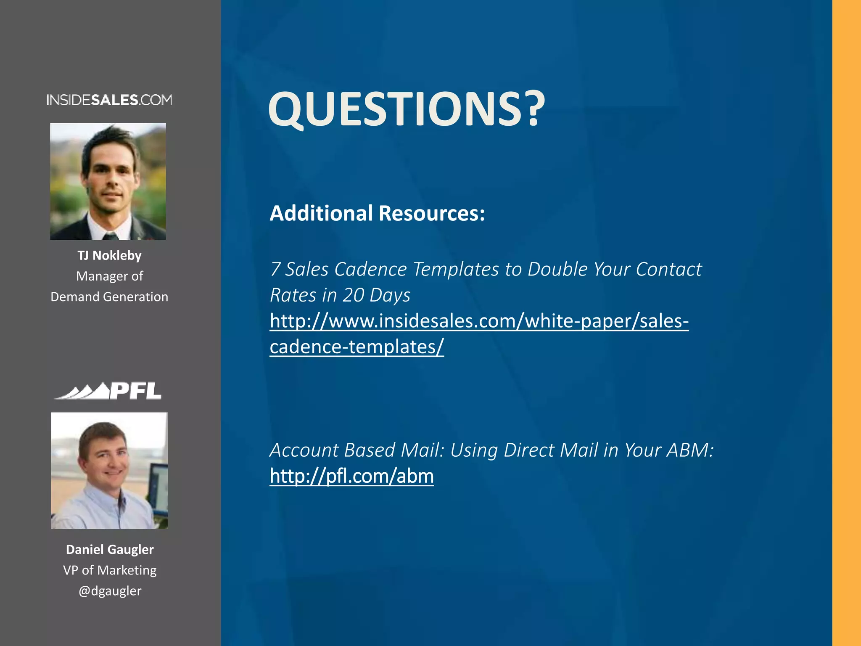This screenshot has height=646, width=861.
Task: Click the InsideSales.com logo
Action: [109, 100]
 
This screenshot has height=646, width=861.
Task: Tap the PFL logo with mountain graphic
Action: [108, 391]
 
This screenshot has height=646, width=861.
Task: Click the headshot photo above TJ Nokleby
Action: [108, 181]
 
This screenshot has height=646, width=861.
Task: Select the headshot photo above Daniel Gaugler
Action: [109, 471]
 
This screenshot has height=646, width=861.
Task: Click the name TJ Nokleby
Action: [109, 255]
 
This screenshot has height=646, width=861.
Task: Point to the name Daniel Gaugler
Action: [110, 549]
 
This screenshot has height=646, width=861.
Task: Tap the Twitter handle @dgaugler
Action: [110, 591]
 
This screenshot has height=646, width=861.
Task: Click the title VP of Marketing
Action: [110, 570]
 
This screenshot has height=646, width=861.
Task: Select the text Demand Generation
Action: [109, 297]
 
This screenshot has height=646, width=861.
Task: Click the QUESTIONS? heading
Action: [406, 109]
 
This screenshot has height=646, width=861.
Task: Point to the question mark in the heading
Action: [533, 109]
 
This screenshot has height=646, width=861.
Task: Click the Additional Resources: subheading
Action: [377, 213]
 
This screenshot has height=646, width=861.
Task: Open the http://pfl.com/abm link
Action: [351, 476]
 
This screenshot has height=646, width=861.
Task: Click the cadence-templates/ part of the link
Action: [357, 347]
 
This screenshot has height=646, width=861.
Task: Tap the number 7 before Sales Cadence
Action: [275, 270]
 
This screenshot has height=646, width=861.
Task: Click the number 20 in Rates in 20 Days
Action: [353, 295]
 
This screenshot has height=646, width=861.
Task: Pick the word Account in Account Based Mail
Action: [304, 450]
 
